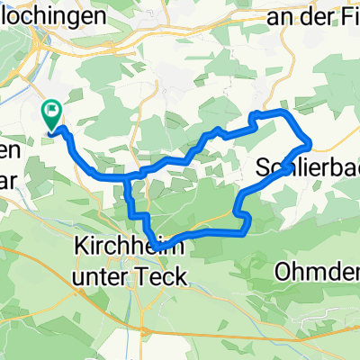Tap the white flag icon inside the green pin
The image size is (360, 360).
click(x=52, y=112)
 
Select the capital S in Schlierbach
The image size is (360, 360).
click(x=264, y=166)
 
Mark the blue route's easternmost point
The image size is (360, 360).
click(x=311, y=142)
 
